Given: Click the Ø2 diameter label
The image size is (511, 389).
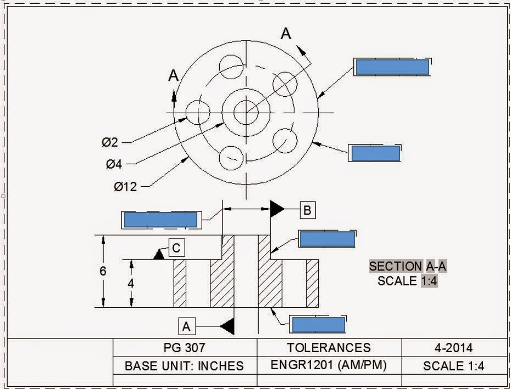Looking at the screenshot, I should point(110,142).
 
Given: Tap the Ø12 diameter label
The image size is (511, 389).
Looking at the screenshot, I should point(125,187).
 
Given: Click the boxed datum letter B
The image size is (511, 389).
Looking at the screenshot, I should point(308,209).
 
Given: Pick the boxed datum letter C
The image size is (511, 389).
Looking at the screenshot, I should point(176,248).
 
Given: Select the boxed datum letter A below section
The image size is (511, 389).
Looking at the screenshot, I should point(186,327).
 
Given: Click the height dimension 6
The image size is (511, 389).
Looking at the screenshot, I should point(103,271).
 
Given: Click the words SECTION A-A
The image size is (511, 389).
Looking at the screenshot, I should point(407,266).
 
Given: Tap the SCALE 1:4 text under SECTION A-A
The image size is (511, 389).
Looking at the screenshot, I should point(407,281).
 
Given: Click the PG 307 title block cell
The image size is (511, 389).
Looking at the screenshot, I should point(185,347).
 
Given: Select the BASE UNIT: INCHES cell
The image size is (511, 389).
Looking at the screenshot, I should point(185,365).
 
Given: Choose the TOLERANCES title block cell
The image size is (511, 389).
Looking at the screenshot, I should point(329,347).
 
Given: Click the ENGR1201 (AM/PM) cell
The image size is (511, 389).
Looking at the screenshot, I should point(329,365).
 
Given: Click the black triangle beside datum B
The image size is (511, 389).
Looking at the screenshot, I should point(277,209).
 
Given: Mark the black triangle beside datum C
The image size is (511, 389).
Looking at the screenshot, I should point(159,254).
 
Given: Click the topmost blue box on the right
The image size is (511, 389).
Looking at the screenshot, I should point(392,67).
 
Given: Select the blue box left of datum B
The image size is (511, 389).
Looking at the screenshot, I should point(160,220).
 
